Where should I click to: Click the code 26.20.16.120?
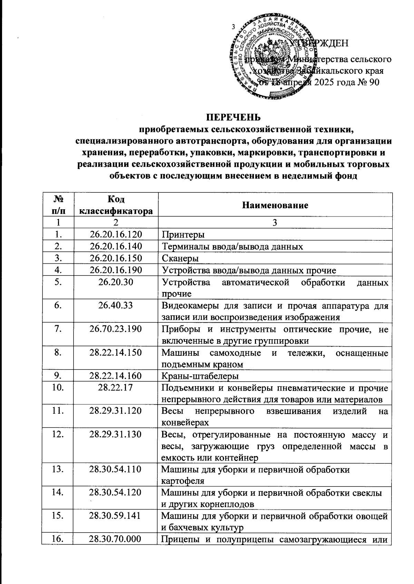tap(116, 235)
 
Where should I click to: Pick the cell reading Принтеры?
tap(183, 235)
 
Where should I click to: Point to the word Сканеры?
tap(180, 259)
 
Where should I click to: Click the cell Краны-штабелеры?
tap(200, 376)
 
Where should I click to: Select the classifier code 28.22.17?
tap(116, 388)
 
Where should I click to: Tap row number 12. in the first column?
tap(57, 434)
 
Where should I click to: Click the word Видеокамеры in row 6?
tap(188, 305)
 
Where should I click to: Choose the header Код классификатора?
tap(116, 205)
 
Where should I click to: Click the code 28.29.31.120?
tap(116, 411)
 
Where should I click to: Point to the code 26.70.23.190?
tap(116, 329)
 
